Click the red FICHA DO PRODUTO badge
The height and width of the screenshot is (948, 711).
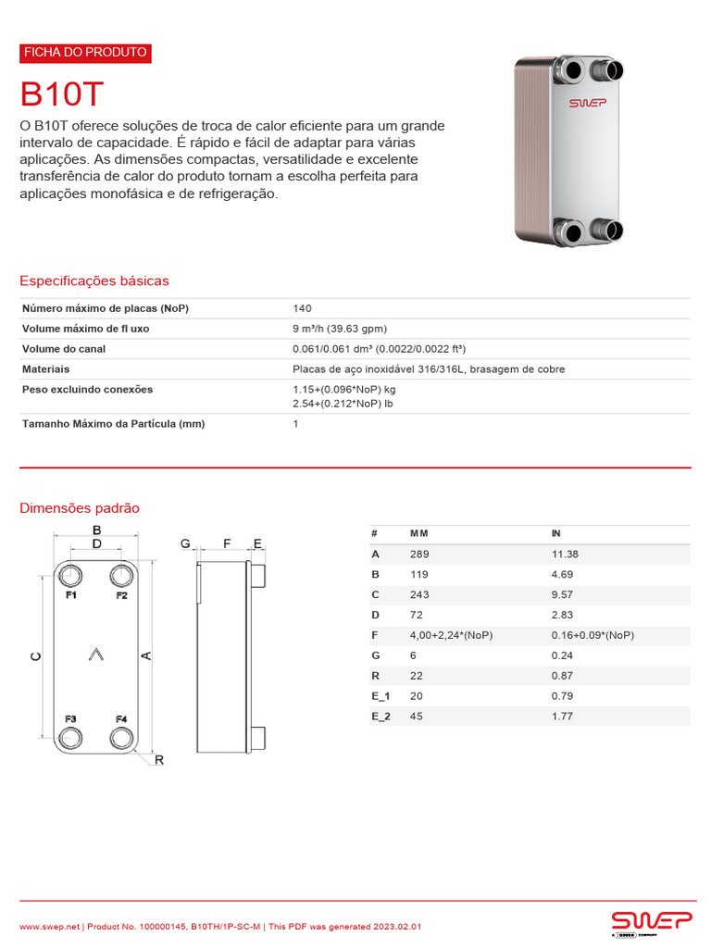84,53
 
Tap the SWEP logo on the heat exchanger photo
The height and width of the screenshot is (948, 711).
586,103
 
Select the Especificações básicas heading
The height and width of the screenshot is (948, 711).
94,281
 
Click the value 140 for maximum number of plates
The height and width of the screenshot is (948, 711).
302,308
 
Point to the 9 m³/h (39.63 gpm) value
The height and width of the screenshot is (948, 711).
339,329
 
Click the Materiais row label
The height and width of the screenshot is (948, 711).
46,369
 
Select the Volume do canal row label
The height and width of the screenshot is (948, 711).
64,349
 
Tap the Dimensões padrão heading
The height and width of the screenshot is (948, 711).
80,508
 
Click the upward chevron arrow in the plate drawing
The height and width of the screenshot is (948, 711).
95,655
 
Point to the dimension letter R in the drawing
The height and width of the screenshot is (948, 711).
158,761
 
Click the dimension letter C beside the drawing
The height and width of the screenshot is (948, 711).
35,656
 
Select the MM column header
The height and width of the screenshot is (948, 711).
419,534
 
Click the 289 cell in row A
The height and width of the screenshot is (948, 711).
419,555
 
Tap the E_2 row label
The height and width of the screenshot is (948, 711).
380,717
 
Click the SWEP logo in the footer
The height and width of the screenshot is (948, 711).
651,920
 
